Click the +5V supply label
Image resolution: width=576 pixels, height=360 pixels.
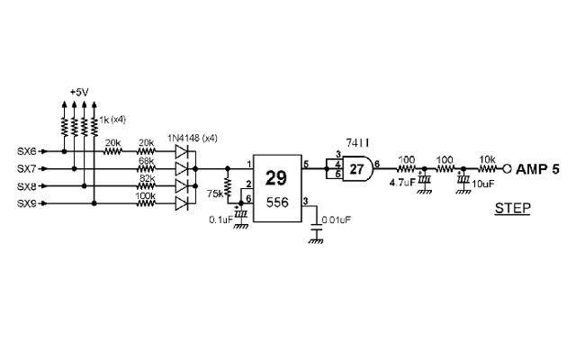pyautogui.click(x=79, y=92)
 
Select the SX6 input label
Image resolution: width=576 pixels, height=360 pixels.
pyautogui.click(x=27, y=150)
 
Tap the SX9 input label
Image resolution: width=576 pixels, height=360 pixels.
pyautogui.click(x=27, y=203)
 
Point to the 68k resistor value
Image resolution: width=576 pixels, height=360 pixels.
pyautogui.click(x=146, y=160)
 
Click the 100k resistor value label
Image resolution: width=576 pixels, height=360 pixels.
pyautogui.click(x=147, y=195)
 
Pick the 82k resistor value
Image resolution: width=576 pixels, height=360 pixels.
pyautogui.click(x=146, y=177)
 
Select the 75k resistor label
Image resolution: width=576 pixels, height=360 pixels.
pyautogui.click(x=215, y=193)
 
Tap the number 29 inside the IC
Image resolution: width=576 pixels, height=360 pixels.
pyautogui.click(x=275, y=177)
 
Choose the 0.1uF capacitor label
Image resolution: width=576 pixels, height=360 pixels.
pyautogui.click(x=220, y=220)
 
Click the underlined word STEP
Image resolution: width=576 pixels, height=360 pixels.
pyautogui.click(x=512, y=209)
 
